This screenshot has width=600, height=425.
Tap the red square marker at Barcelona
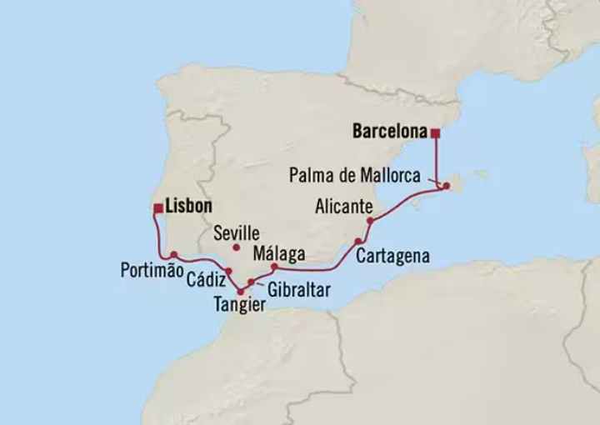click(434, 132)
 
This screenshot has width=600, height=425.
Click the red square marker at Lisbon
click(157, 207)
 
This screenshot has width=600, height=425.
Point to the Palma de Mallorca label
click(361, 175)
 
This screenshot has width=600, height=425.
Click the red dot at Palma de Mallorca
click(447, 186)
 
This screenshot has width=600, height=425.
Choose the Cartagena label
click(392, 256)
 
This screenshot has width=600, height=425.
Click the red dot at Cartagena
click(357, 242)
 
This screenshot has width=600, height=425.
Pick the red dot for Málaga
click(273, 267)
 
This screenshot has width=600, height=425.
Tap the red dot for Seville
click(237, 247)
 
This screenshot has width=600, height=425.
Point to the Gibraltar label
click(299, 290)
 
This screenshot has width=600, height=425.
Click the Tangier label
click(241, 306)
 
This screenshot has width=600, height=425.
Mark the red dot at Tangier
click(240, 291)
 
